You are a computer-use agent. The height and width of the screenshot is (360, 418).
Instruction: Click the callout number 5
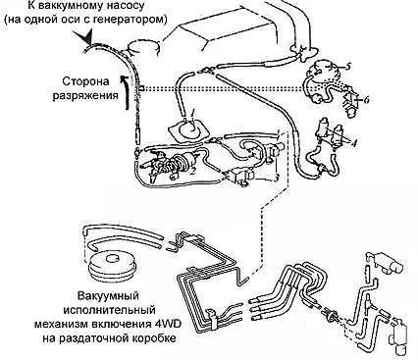point(347,67)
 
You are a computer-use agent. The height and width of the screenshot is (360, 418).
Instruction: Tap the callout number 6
point(366,99)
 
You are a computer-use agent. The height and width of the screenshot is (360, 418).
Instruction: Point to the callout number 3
point(277,179)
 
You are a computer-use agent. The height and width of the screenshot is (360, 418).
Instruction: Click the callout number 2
point(192,171)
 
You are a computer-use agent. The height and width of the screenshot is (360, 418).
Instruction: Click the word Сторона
point(85,81)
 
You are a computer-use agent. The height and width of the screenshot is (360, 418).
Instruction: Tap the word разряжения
point(85,95)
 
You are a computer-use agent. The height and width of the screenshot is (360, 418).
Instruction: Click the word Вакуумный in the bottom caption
point(108,296)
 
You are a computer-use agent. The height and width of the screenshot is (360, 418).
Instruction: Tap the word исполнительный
point(110,310)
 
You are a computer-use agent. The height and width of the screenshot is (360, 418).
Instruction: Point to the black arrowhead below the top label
point(85,36)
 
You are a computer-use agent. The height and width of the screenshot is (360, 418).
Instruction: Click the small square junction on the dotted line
point(142,88)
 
